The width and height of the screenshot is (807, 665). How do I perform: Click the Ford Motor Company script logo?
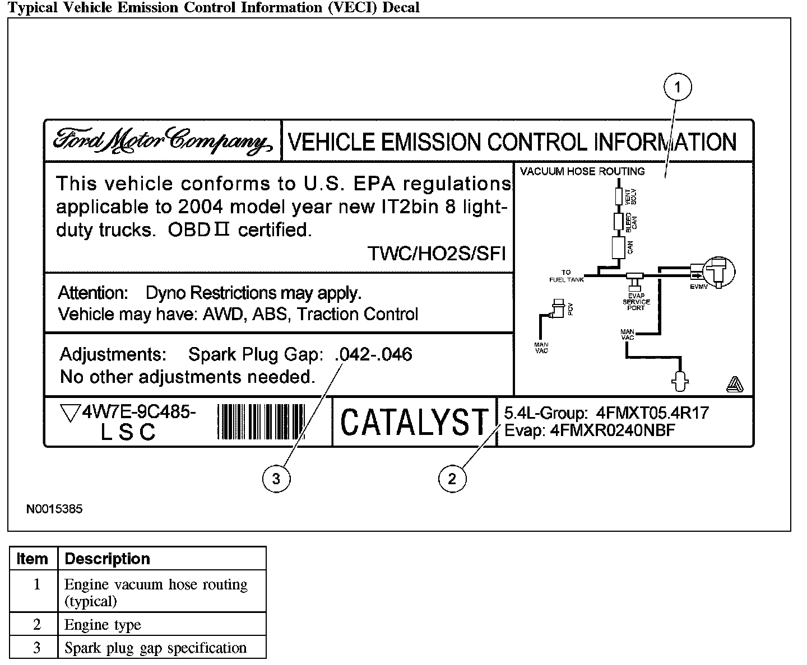163,141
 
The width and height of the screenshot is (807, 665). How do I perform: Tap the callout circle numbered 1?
677,87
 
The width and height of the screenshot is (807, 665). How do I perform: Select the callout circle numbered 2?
452,478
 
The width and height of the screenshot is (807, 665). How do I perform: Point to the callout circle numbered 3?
276,478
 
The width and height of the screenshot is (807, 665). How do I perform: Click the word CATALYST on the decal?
414,422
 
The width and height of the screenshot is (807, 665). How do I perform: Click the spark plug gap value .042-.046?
373,354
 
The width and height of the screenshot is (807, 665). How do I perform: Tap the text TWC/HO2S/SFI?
437,254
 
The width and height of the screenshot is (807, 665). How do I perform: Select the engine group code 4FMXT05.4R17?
653,413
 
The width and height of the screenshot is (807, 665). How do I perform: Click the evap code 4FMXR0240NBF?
613,430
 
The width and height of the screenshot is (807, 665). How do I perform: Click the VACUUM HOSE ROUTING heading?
582,171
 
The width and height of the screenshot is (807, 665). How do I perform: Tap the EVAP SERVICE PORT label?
636,302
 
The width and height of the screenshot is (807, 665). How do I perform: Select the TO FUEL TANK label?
567,276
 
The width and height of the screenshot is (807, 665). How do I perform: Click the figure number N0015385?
54,509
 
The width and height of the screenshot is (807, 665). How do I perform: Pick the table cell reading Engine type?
103,625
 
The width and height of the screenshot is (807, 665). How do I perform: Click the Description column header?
108,559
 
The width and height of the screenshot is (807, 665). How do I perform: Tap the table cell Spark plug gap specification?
155,648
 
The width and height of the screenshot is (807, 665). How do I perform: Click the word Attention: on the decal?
94,293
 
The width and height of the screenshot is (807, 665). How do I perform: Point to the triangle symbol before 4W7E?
69,413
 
